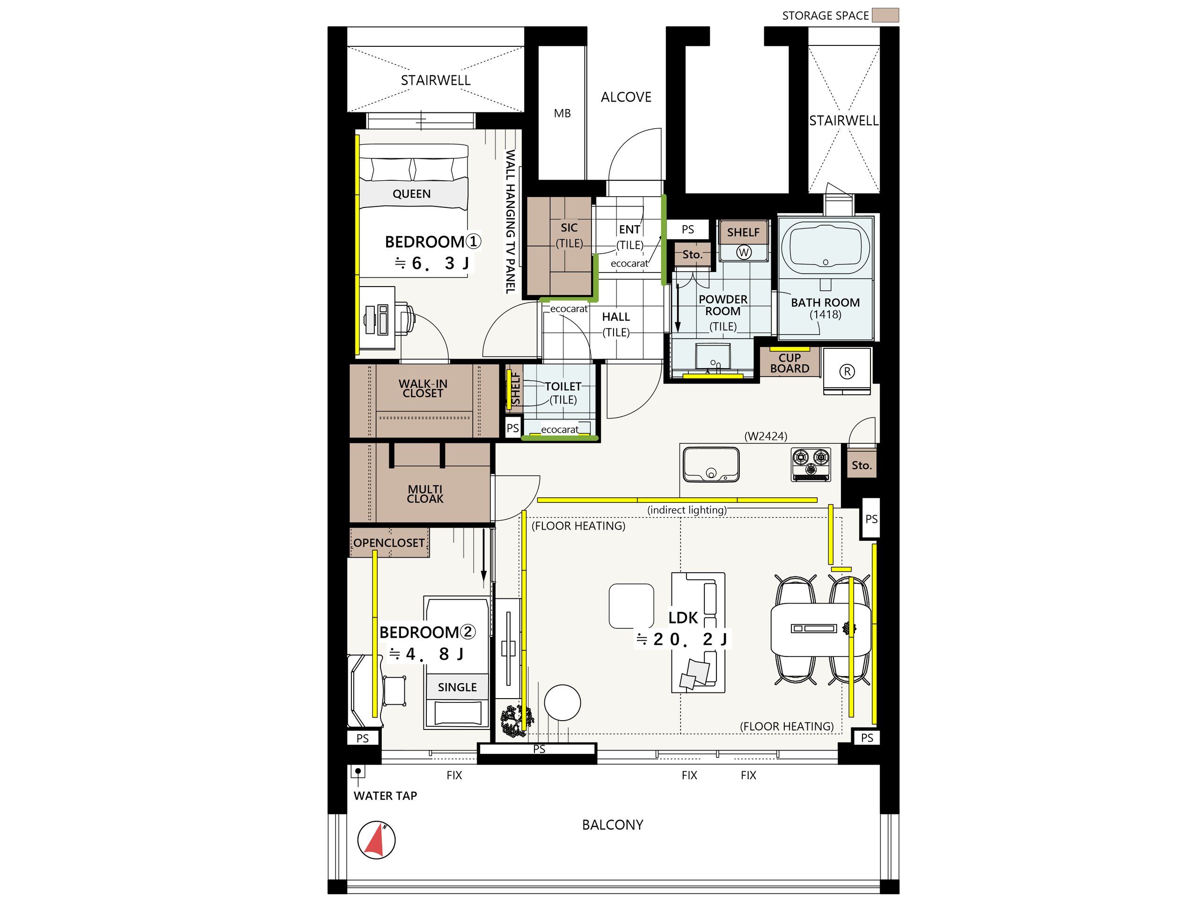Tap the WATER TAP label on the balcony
385,796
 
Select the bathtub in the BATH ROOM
825,248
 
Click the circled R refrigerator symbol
847,371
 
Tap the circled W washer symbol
744,252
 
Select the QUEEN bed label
412,194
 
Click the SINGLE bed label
457,687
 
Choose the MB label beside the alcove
562,113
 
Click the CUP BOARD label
789,363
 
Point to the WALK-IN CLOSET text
423,389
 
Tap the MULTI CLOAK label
425,494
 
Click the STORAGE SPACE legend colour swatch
885,15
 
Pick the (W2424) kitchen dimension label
766,436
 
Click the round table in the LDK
562,703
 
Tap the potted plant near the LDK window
516,721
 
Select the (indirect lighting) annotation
687,510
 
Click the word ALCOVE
626,97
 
